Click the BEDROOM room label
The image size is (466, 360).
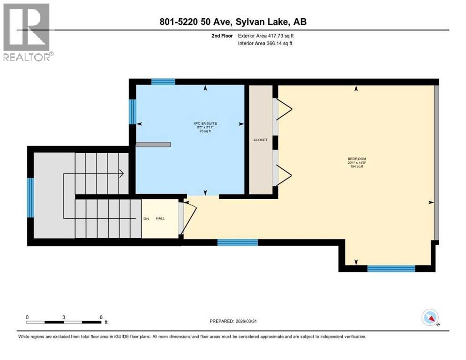click(356, 158)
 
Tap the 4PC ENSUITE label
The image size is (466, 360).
click(205, 123)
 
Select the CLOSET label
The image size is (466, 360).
click(260, 139)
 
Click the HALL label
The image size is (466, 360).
click(161, 218)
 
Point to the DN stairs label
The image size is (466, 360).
click(146, 218)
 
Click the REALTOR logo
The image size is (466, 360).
click(27, 32)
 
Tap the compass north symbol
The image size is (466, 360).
click(430, 318)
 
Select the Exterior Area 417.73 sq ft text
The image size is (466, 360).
click(266, 36)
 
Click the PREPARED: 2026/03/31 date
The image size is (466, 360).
click(234, 321)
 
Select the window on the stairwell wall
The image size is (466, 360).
click(30, 197)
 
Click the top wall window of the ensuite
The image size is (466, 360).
click(163, 82)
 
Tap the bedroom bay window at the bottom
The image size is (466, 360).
click(391, 269)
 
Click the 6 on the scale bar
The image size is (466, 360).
click(101, 317)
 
